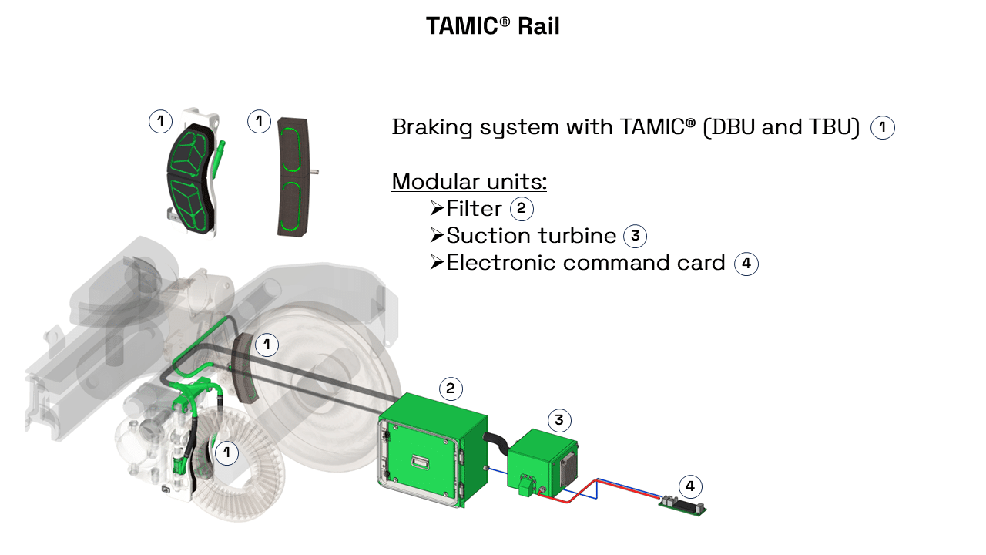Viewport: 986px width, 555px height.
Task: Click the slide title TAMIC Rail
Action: click(493, 26)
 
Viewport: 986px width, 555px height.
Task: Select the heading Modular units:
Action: click(469, 182)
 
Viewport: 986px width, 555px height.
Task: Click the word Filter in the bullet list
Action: click(474, 209)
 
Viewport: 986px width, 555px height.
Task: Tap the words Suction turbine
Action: click(532, 236)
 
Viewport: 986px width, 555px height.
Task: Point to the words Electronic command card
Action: click(585, 263)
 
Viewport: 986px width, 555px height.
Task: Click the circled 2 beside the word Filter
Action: click(522, 209)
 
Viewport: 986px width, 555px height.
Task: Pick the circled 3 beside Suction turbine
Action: click(635, 236)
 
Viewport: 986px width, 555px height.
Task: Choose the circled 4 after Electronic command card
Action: click(746, 264)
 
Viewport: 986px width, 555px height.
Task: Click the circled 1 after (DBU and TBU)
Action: click(883, 128)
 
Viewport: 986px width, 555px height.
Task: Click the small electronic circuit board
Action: click(682, 506)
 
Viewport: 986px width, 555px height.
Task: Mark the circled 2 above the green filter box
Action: click(451, 388)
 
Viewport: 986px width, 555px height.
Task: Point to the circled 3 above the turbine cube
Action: click(559, 420)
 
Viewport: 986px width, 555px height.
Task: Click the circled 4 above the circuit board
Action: click(690, 486)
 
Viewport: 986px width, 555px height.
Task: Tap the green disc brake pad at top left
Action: click(189, 179)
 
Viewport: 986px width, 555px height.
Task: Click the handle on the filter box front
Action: click(420, 462)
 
